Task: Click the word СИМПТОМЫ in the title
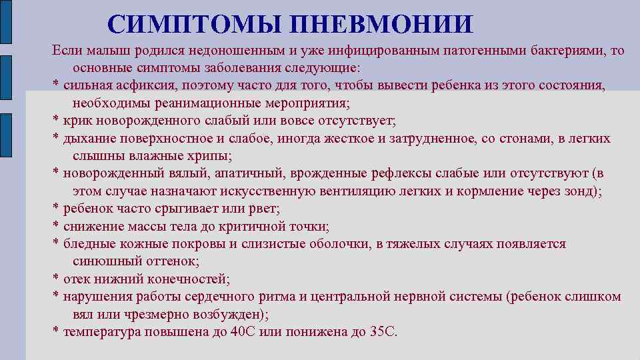coord(193,25)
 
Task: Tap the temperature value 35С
coord(382,331)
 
